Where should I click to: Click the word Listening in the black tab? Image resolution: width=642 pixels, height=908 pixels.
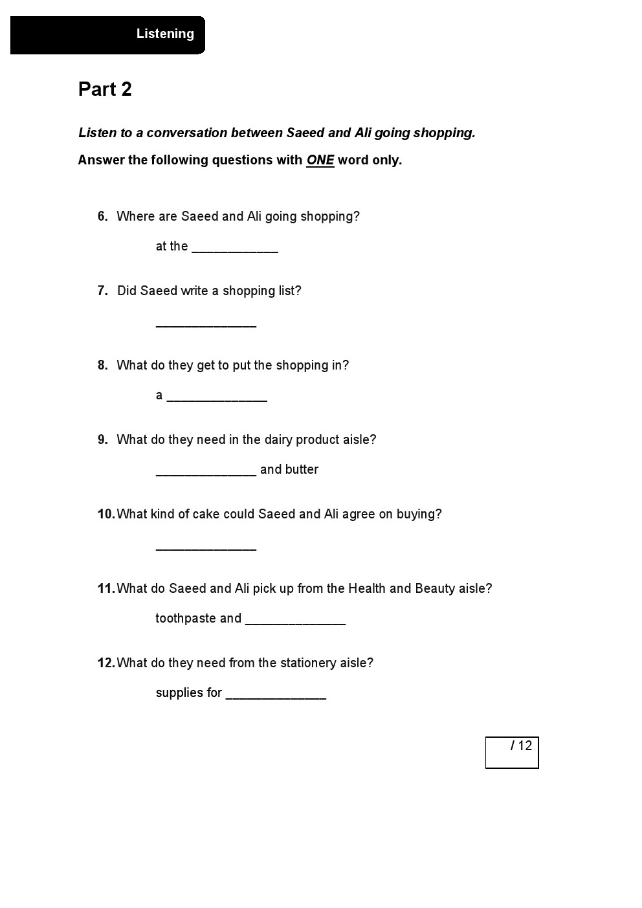(165, 34)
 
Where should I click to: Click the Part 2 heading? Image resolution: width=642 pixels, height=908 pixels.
(105, 89)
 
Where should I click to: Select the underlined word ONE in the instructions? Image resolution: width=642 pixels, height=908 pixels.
(320, 160)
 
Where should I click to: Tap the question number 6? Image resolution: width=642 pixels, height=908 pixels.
(102, 216)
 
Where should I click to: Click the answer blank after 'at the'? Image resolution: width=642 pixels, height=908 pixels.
(235, 248)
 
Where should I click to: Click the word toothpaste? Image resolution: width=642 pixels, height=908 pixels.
(185, 619)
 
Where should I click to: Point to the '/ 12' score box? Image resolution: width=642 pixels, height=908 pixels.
(512, 753)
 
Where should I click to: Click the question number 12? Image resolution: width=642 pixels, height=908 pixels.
(105, 663)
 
